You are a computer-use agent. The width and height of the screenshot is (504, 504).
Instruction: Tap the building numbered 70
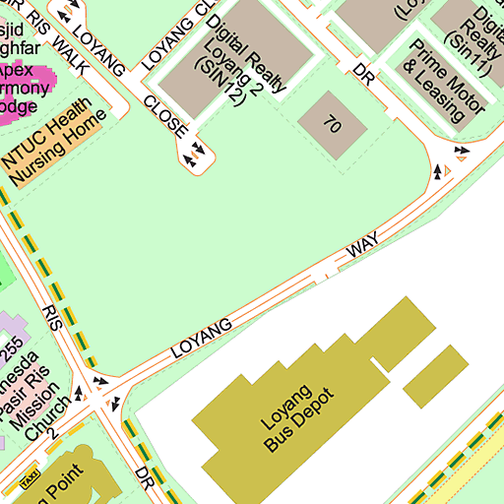[x=332, y=126]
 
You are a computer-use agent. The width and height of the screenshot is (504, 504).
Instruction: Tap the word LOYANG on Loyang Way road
[x=203, y=337]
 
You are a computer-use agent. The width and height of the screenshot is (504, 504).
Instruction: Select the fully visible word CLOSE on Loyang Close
[x=165, y=115]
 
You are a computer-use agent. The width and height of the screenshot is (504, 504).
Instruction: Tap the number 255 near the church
[x=11, y=349]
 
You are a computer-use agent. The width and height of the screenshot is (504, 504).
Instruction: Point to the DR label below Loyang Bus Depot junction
[x=145, y=479]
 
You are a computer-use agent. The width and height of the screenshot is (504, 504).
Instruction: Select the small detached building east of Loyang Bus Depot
[x=436, y=375]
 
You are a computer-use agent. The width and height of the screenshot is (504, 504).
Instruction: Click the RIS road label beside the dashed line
[x=52, y=317]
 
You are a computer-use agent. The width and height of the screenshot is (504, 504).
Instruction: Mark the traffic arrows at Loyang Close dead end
[x=193, y=153]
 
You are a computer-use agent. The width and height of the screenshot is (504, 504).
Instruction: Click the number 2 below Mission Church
[x=55, y=434]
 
